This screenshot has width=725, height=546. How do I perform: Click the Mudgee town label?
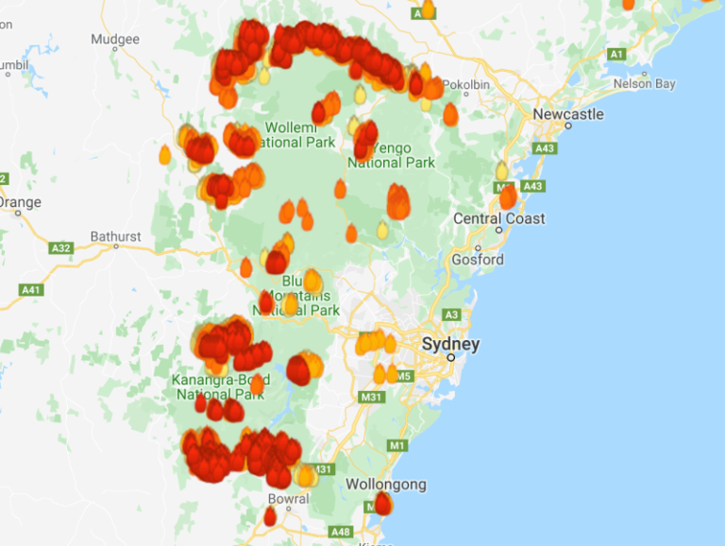click(115, 40)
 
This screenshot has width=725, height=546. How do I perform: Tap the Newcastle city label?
click(567, 114)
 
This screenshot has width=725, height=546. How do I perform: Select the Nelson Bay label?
click(645, 84)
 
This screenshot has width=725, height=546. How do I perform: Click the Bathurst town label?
click(115, 236)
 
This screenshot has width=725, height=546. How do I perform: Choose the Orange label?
click(19, 202)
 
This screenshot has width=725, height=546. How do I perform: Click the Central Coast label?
click(499, 218)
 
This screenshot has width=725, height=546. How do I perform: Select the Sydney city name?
click(450, 344)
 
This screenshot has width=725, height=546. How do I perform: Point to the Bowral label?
click(288, 499)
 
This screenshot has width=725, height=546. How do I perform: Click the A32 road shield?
click(60, 248)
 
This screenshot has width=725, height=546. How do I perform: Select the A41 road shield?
click(31, 289)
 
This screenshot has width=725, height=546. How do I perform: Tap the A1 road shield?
click(616, 55)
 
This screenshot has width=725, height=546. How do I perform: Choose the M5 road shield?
click(404, 376)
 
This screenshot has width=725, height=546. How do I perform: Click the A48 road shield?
click(340, 531)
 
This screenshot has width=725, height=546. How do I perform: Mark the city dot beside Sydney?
click(450, 357)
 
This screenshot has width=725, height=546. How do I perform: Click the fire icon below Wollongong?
click(382, 503)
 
